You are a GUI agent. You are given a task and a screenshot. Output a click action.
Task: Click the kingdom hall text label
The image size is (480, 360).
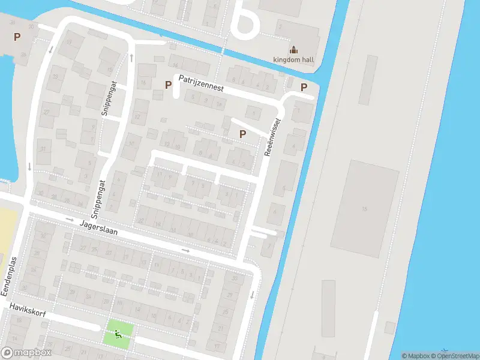pos(293,59)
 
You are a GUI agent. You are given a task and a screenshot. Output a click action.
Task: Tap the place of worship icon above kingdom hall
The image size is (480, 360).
pos(293,49)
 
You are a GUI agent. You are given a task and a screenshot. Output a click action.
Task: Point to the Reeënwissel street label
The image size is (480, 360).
pos(272,137)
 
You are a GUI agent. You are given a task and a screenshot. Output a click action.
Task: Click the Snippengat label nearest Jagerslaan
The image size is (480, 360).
pos(98,199)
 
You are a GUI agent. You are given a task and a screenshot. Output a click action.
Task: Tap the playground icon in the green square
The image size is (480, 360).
pos(119,334)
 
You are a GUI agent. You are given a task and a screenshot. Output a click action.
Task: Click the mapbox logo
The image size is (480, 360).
pos(26,353)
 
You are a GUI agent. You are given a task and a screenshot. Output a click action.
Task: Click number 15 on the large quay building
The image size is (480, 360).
pos(364,209)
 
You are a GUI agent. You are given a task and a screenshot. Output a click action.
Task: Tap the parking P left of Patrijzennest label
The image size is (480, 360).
pos(167,85)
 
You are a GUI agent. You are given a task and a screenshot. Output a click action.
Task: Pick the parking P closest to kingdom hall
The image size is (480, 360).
pos(304,86)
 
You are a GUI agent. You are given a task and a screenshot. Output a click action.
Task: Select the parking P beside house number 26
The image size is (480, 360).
pos(17,37)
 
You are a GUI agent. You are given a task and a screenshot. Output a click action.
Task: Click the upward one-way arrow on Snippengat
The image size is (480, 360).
pos(131,57)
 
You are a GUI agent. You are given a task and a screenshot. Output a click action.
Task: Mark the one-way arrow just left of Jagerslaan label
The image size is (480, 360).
pos(70,220)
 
